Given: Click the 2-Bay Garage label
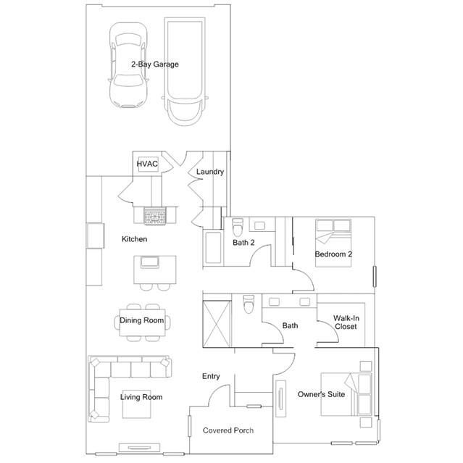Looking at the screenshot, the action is pyautogui.click(x=155, y=64).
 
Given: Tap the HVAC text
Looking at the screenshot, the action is pyautogui.click(x=147, y=164).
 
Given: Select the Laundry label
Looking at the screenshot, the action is pyautogui.click(x=210, y=172).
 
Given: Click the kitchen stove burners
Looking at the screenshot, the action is pyautogui.click(x=155, y=216).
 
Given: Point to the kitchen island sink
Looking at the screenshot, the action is pyautogui.click(x=150, y=262).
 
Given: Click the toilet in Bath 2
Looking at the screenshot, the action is pyautogui.click(x=238, y=227).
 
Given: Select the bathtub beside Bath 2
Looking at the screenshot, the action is pyautogui.click(x=213, y=248).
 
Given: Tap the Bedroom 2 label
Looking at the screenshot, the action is pyautogui.click(x=333, y=254).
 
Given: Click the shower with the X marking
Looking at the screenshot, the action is pyautogui.click(x=217, y=324).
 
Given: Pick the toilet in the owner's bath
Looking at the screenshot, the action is pyautogui.click(x=249, y=304).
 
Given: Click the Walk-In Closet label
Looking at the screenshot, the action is pyautogui.click(x=346, y=322).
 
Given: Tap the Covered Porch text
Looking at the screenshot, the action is pyautogui.click(x=228, y=430).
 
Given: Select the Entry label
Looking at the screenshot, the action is pyautogui.click(x=211, y=376).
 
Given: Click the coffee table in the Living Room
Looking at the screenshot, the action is pyautogui.click(x=137, y=404).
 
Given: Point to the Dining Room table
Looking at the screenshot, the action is pyautogui.click(x=142, y=322).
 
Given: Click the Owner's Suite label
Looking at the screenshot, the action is pyautogui.click(x=321, y=394).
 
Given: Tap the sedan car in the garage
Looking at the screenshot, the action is pyautogui.click(x=128, y=65).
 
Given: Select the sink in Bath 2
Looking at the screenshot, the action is pyautogui.click(x=260, y=226).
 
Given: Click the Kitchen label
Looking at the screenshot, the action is pyautogui.click(x=134, y=239).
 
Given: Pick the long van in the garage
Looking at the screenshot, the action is pyautogui.click(x=185, y=72).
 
